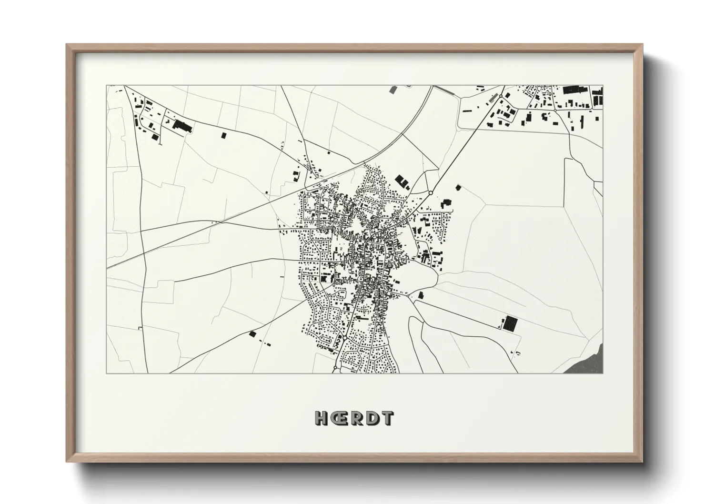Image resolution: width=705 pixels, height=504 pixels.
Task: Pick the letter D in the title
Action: (373, 418)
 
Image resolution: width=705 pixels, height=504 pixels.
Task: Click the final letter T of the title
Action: (387, 418)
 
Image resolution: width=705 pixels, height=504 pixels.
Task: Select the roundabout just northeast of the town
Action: (430, 193)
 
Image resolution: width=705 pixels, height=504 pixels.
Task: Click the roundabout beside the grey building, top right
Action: (501, 97)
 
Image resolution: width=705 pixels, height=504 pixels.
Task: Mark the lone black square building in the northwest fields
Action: (223, 135)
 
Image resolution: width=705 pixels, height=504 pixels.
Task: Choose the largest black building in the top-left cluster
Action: (182, 126)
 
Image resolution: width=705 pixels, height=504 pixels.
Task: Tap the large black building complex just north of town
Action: (402, 181)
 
